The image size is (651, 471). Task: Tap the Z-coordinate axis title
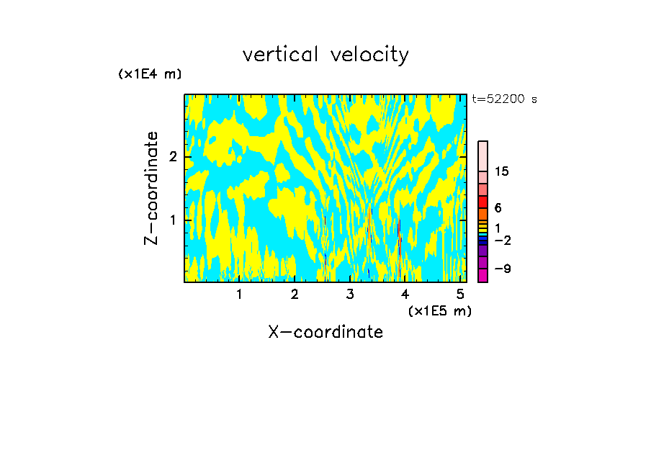[151, 188]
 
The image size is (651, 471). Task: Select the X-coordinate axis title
[325, 332]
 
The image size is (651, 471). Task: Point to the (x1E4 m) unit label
[150, 73]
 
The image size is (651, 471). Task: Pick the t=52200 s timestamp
[504, 99]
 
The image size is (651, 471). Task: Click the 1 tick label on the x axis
[240, 294]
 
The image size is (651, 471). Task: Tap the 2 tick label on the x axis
[295, 294]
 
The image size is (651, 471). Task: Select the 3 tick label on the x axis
[350, 294]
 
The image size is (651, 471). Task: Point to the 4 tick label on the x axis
[405, 294]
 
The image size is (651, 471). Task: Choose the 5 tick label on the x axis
[461, 294]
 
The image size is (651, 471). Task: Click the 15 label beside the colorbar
[502, 171]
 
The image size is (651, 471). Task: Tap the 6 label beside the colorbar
[498, 207]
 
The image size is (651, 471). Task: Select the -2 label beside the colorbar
[502, 240]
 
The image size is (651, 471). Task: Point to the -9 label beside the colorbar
[502, 269]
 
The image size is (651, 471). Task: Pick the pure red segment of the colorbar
[482, 202]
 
